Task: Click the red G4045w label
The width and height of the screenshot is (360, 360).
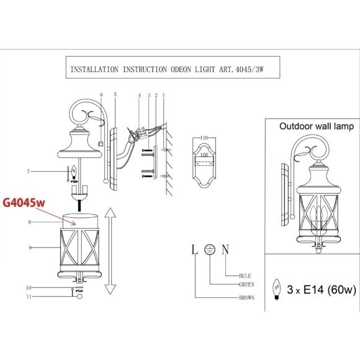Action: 24,203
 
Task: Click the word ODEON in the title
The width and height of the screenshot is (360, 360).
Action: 181,70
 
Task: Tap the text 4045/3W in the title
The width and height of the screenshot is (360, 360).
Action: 250,70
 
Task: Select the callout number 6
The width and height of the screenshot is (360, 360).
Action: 101,94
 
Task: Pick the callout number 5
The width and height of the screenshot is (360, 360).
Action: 115,94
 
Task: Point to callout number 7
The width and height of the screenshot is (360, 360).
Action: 29,171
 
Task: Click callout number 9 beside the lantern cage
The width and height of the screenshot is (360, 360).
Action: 30,248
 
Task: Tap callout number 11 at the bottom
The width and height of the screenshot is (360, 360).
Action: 29,297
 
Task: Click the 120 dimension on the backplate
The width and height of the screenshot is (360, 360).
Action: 204,138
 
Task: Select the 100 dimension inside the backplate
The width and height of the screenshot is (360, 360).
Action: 204,155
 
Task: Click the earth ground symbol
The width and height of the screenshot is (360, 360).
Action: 210,250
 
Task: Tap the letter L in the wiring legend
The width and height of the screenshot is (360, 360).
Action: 195,250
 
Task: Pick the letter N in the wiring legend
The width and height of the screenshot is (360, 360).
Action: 225,250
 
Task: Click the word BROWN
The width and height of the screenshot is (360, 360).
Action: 247,298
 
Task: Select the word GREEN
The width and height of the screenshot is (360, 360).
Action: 246,285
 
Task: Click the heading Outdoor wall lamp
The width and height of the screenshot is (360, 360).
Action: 317,127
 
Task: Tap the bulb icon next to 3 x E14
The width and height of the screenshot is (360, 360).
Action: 277,289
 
